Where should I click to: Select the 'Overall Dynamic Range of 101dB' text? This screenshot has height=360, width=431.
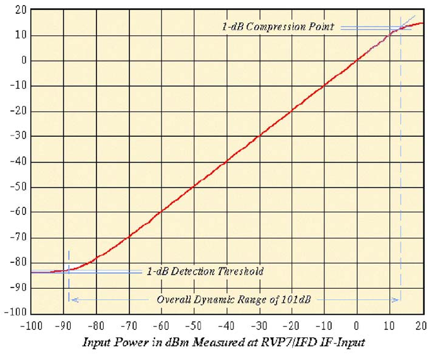pos(233,299)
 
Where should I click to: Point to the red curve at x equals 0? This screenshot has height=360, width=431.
pos(357,60)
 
